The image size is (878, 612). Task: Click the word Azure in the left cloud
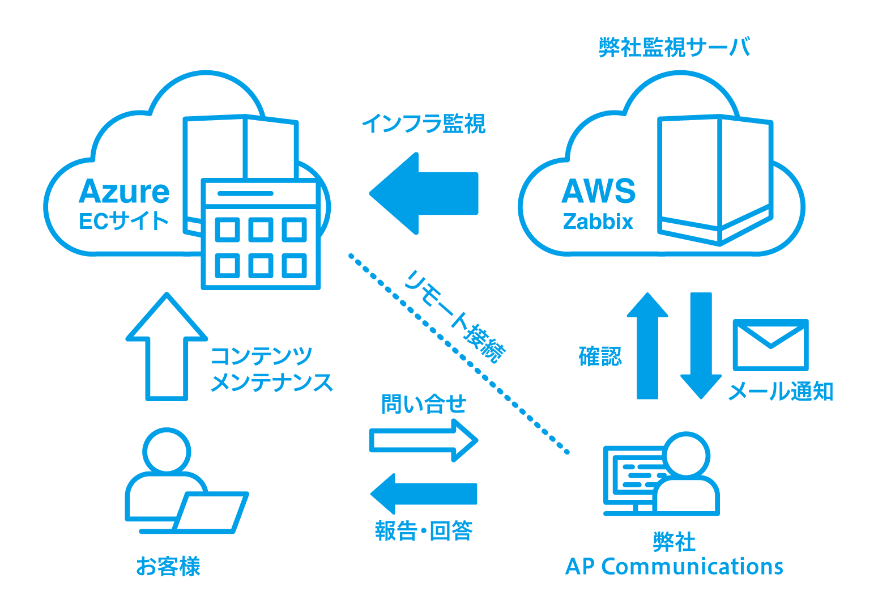point(124,192)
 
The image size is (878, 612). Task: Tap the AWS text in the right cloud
point(598,192)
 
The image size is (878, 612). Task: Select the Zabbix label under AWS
point(598,222)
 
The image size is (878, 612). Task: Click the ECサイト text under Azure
point(124,221)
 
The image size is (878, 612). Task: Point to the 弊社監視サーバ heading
point(674,48)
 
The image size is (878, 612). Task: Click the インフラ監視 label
point(423,123)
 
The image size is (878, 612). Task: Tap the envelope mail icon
point(770,345)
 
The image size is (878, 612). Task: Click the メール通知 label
point(779,392)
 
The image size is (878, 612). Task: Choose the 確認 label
point(600,356)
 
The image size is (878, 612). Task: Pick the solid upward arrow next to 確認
point(647,346)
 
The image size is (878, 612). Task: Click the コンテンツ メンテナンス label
point(271,369)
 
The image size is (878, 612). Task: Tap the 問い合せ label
point(424,404)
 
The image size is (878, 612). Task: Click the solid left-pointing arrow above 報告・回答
point(424,493)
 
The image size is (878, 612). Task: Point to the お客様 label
point(168,566)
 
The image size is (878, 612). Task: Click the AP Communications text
point(674,566)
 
